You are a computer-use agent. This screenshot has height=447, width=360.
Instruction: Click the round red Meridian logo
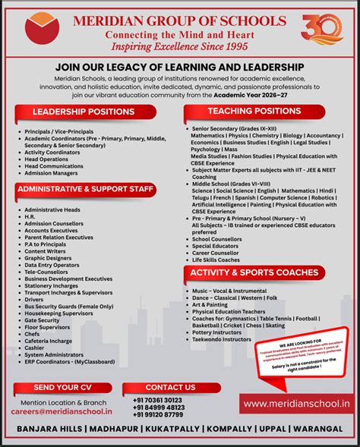click(x=43, y=32)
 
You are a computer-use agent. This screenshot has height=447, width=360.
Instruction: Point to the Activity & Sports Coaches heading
click(x=254, y=272)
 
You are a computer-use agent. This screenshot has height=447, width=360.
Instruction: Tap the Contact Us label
click(x=166, y=388)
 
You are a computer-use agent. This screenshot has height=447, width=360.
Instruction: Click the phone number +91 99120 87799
click(x=158, y=414)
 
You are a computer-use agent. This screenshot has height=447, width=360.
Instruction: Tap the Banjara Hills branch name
click(x=51, y=429)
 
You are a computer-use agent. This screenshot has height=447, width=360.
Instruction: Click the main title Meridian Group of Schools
click(x=180, y=20)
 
